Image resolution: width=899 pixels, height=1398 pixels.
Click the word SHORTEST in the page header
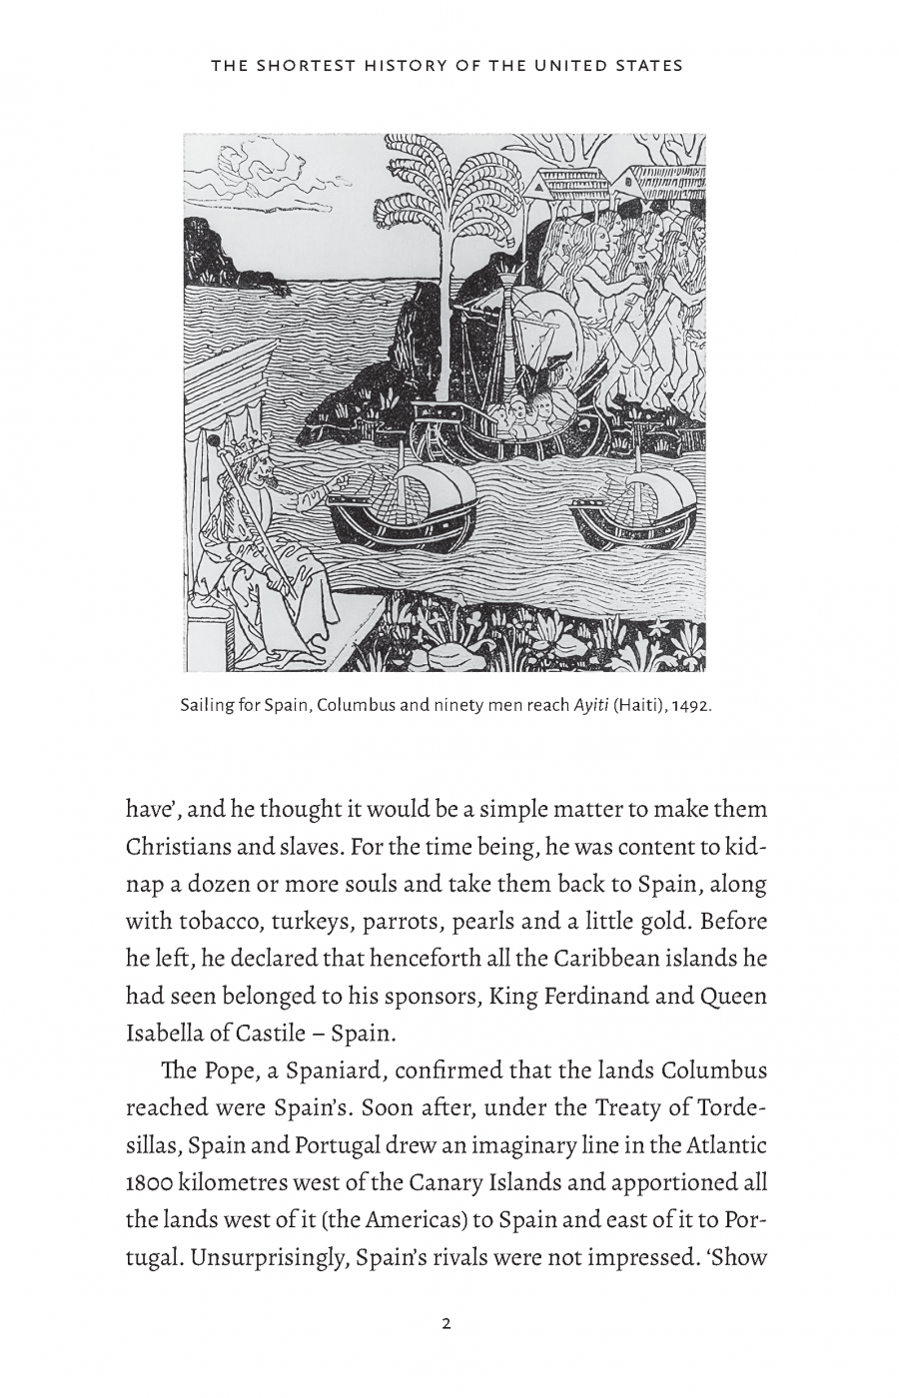click(x=303, y=66)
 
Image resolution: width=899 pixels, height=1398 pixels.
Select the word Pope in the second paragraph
click(x=232, y=1069)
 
